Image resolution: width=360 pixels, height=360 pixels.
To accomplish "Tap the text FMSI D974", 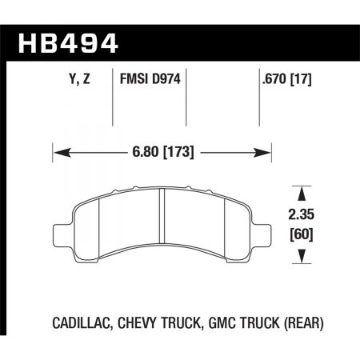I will click(152, 80).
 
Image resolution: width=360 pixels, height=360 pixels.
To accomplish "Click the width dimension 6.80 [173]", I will click(162, 150).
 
